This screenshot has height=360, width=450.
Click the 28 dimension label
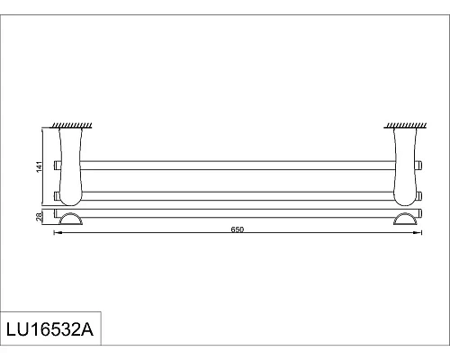point(39,216)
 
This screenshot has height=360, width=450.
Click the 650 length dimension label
point(238,229)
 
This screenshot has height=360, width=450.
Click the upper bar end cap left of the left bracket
point(57,165)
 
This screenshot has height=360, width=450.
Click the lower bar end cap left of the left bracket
point(57,194)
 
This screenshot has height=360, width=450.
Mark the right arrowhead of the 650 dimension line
point(418,234)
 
